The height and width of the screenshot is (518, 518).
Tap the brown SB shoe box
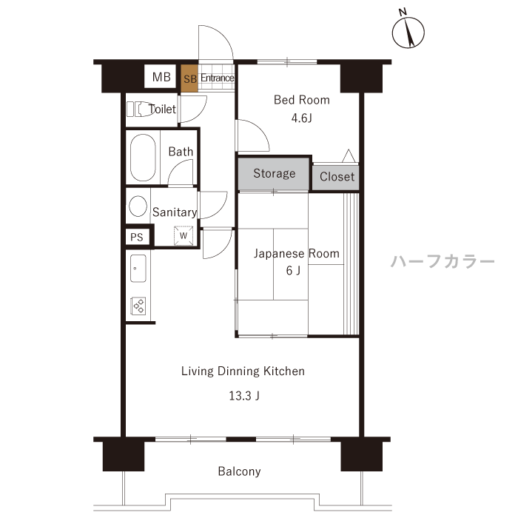(x=189, y=78)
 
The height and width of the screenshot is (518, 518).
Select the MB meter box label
(x=161, y=77)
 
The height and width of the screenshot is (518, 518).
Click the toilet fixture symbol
(x=139, y=109)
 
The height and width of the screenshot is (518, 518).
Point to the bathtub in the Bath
(x=143, y=157)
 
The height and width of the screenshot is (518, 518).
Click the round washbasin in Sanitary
(x=138, y=206)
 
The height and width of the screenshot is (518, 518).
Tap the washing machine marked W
(x=184, y=235)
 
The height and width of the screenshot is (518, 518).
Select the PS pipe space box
(x=137, y=237)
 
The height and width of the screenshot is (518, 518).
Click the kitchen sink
(x=138, y=268)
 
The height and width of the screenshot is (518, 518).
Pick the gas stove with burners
(x=138, y=306)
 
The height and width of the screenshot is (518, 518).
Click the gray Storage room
(x=274, y=174)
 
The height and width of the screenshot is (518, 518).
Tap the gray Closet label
(x=337, y=177)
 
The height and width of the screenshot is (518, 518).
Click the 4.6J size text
(x=302, y=118)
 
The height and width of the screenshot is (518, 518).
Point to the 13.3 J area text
(x=244, y=395)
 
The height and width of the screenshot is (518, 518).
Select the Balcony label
(x=239, y=471)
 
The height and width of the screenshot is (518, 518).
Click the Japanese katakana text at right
(x=443, y=261)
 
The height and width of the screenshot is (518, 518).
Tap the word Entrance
(x=218, y=78)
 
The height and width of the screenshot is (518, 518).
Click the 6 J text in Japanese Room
(x=293, y=271)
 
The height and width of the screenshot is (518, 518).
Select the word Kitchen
(x=283, y=371)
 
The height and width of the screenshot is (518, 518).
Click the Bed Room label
(x=302, y=100)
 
